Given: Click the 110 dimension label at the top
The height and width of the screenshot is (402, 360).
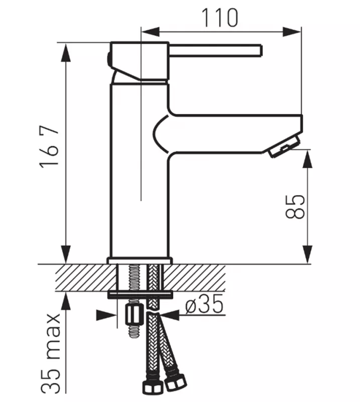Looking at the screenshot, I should click(220, 18).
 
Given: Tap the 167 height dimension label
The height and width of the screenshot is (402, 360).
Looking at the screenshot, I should click(51, 148).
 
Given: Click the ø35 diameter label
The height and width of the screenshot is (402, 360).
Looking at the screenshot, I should click(203, 306).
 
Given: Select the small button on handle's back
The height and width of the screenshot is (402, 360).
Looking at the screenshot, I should click(109, 57).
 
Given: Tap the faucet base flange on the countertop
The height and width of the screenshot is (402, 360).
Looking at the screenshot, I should click(139, 260).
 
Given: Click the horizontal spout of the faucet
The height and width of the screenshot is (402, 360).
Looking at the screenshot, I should click(236, 133).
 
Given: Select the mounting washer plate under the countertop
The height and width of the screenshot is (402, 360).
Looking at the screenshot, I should click(139, 293).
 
